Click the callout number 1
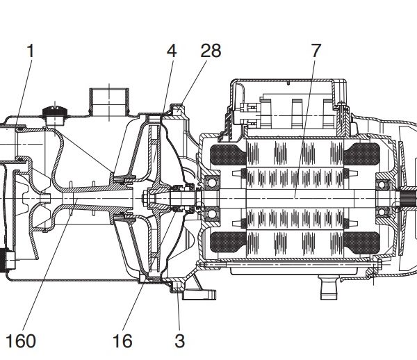coord(31,51)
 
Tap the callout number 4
coord(172,51)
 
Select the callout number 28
coord(211,51)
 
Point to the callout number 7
coord(316,51)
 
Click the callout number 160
coord(20,341)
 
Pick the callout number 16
coord(122,341)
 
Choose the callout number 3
coord(179,341)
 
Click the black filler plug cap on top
coord(55,111)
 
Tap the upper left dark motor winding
coord(228,155)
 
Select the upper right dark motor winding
coord(361,154)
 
